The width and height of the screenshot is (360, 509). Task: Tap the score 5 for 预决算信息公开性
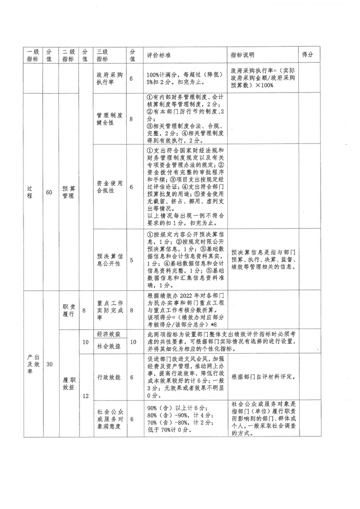(132, 260)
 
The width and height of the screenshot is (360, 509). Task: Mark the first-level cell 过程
(29, 192)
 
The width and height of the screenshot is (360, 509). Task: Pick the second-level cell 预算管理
(68, 192)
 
